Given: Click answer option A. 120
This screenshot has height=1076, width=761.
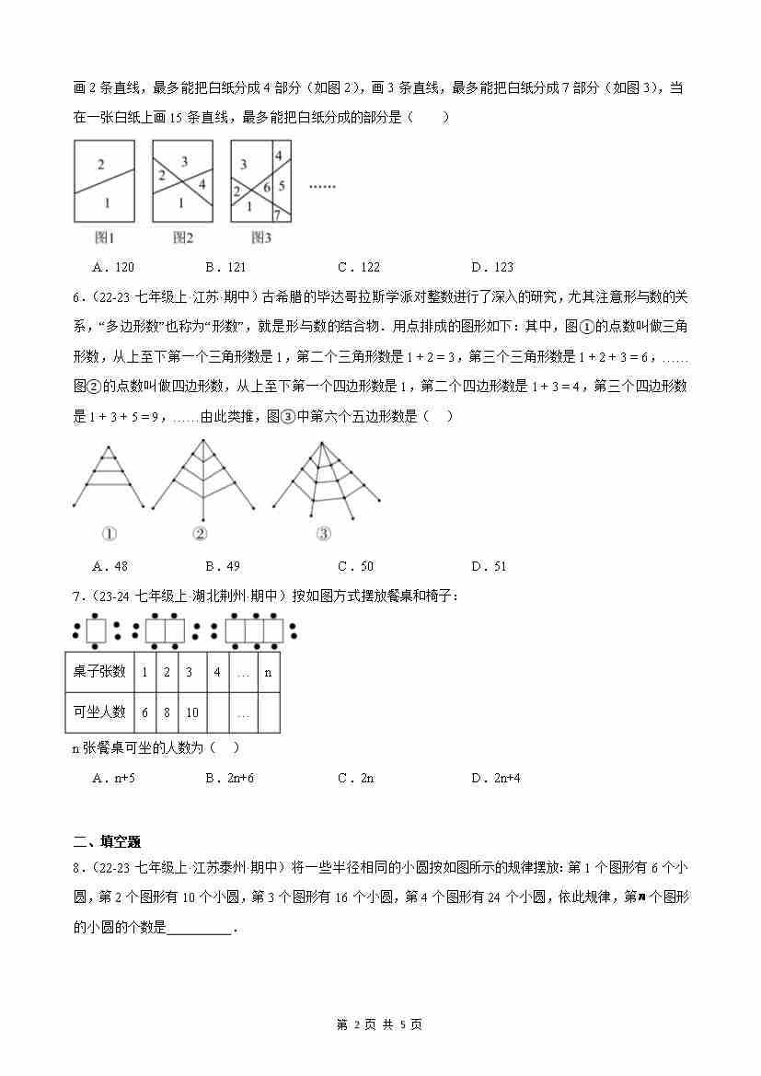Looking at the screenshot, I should (x=113, y=268).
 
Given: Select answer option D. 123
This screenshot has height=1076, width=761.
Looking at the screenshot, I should (x=491, y=268).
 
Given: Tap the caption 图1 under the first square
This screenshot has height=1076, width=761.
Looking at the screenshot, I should (x=104, y=238).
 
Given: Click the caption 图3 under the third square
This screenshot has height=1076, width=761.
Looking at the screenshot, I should (x=261, y=238).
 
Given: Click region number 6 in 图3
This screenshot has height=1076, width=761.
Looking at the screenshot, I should (x=267, y=187).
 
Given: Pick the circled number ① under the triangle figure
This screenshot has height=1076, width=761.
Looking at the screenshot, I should (x=110, y=534).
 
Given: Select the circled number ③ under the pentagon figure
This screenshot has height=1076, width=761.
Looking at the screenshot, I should (x=323, y=534).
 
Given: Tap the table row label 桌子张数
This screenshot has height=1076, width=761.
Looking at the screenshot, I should (x=99, y=672).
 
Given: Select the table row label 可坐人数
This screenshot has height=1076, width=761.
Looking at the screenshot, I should (x=99, y=712).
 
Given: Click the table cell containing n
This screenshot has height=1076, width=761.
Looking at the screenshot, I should (x=268, y=672).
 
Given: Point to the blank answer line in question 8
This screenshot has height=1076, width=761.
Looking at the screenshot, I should (x=200, y=929).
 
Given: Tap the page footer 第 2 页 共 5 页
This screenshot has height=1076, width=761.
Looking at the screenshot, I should (x=380, y=1024).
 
